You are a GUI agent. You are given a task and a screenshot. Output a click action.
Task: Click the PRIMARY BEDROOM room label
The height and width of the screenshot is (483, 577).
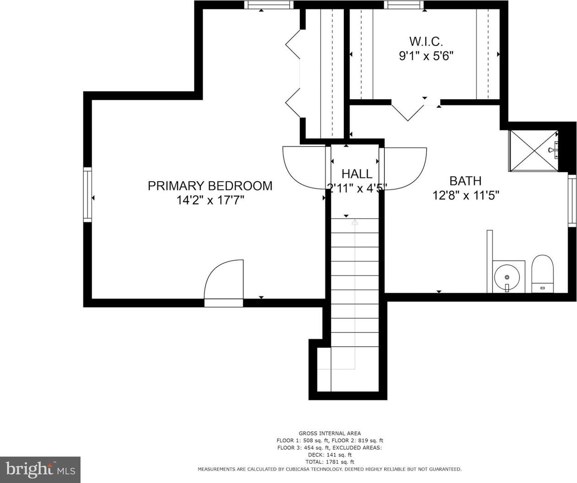coord(210,186)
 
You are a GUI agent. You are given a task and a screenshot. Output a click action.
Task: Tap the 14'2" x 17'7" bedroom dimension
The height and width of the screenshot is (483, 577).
coord(211,200)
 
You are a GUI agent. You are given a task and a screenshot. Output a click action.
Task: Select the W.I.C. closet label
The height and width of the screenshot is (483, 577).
coord(426,42)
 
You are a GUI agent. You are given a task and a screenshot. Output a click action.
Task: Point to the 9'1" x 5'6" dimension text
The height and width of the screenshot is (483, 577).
coord(426,56)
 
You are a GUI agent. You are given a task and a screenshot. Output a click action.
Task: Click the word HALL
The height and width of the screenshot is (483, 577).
coord(357,174)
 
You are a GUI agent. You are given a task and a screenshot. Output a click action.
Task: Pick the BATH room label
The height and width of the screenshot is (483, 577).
coord(466,181)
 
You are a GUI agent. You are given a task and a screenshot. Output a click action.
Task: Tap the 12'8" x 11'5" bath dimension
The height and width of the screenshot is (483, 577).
coord(466,196)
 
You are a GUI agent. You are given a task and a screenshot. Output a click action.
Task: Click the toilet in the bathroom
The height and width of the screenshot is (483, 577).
coord(543,274)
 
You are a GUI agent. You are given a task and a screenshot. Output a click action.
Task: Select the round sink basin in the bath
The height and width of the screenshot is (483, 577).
coord(507,277)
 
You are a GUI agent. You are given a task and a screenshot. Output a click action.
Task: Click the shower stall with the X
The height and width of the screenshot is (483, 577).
coord(533,150)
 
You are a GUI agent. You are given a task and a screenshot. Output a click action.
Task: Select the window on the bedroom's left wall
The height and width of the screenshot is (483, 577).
coord(87,194)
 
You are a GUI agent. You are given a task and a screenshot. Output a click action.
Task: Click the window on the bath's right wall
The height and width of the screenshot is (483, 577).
coord(572,201)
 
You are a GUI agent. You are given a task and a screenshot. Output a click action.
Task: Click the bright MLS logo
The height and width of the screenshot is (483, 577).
coord(40,469)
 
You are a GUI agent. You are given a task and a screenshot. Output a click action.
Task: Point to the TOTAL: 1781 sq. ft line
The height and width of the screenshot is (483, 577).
coord(330,462)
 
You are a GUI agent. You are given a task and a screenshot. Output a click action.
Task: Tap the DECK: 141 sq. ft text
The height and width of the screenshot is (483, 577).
coord(330,455)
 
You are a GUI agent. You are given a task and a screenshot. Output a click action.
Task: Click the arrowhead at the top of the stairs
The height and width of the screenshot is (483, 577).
coord(355,222)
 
